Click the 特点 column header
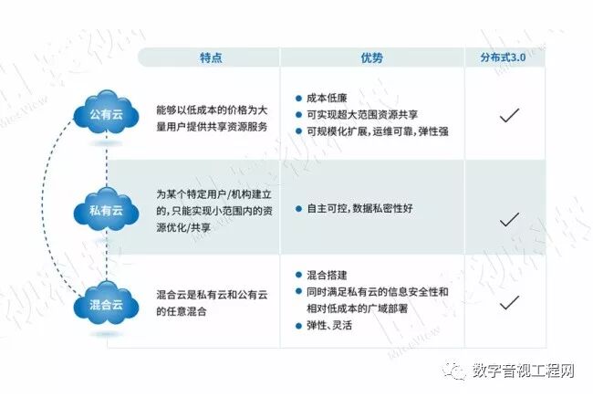click(x=211, y=57)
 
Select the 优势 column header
click(x=371, y=57)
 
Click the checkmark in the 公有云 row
click(x=510, y=115)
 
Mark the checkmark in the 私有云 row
click(x=510, y=218)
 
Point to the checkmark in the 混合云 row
click(x=510, y=300)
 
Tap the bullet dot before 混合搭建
click(x=298, y=275)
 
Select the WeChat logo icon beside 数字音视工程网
click(x=455, y=371)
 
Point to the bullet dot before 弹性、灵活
click(x=298, y=326)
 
